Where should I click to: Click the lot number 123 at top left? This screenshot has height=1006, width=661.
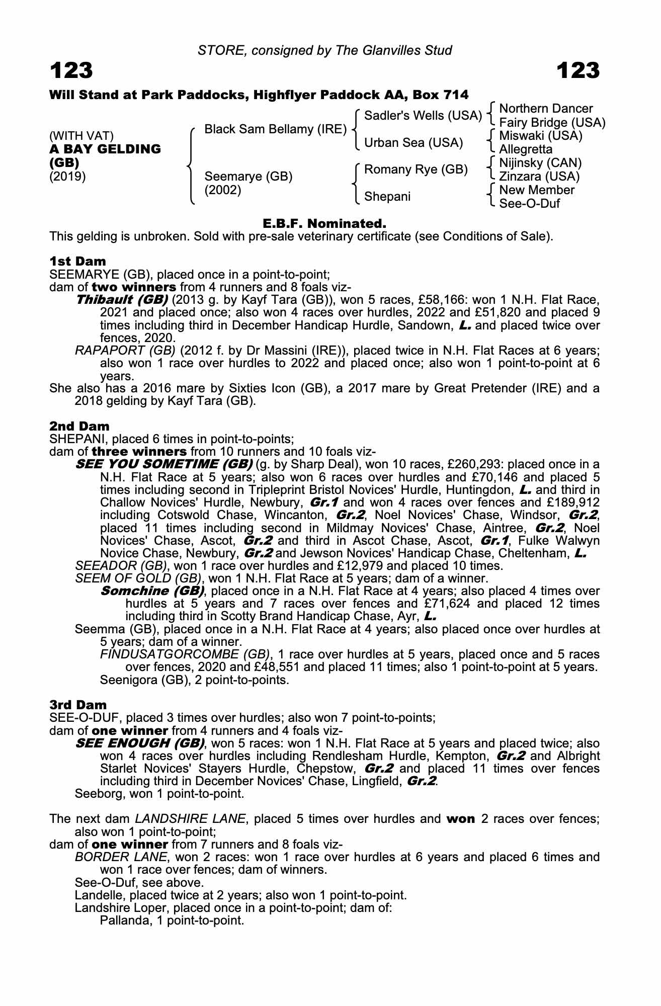coord(71,71)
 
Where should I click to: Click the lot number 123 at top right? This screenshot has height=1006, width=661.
coord(579,71)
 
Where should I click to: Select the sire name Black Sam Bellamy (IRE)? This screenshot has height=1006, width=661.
coord(275,129)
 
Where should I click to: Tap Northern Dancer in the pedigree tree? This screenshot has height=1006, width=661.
coord(546,109)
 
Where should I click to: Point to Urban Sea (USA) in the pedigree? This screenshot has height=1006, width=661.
coord(413,143)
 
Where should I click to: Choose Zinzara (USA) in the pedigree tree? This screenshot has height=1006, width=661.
coord(539,177)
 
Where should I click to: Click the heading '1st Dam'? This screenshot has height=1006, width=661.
coord(78,261)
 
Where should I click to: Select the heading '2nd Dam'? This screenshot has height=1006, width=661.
coord(79,426)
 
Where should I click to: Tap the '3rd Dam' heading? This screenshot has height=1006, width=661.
coord(78,705)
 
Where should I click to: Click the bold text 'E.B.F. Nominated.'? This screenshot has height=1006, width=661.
coord(324,223)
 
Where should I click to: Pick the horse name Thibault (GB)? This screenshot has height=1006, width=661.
coord(122,300)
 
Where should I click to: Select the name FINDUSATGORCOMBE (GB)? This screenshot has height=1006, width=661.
coord(184,654)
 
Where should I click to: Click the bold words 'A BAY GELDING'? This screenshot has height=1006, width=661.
coord(105,149)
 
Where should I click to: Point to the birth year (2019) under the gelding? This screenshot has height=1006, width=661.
coord(67,177)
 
